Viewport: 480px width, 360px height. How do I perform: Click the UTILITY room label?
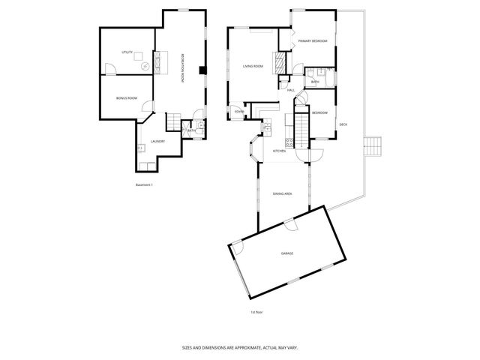[x=127, y=52]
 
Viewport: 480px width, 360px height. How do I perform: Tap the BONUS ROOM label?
[x=126, y=98]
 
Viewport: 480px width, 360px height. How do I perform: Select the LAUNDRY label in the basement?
[x=157, y=141]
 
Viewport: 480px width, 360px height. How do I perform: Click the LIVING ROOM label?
[x=253, y=66]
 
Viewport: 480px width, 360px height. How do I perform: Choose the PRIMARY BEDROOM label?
[x=312, y=40]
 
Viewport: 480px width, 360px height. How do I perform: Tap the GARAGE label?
[x=287, y=253]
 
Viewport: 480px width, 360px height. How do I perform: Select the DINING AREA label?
[x=282, y=193]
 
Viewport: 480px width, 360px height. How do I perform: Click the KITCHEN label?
[x=279, y=151]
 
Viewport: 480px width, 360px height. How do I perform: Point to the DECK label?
[x=343, y=124]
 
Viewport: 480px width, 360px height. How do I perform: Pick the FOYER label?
[x=239, y=112]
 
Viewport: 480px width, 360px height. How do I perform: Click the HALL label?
[x=290, y=91]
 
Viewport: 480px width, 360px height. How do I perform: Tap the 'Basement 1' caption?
[x=143, y=184]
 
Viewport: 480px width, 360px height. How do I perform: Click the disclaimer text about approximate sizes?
[x=240, y=347]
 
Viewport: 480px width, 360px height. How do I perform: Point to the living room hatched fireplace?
[x=280, y=61]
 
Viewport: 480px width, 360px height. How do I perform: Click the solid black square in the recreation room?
[x=202, y=71]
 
